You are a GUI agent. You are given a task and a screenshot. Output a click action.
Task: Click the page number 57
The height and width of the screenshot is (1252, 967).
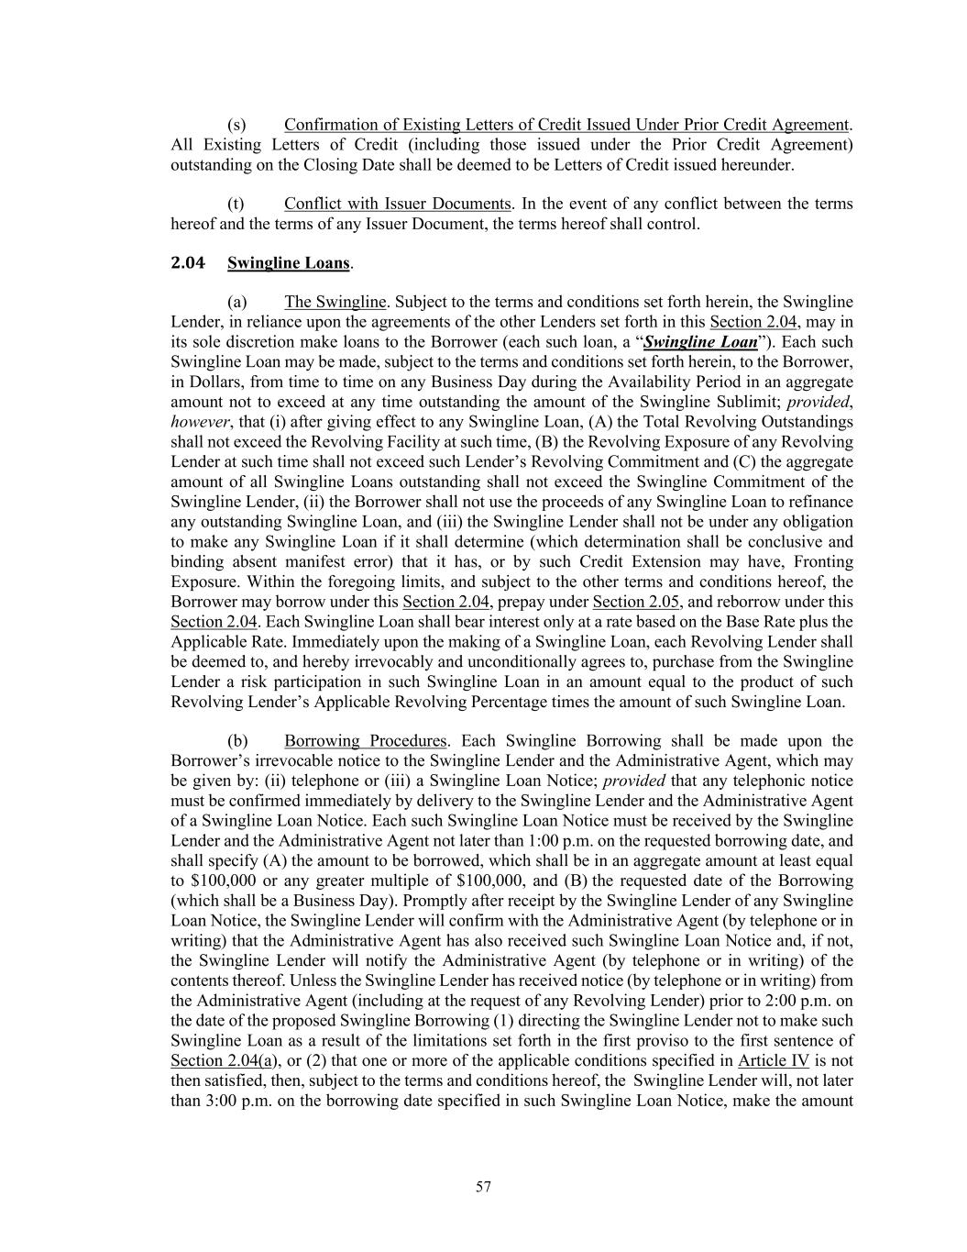coord(483,1187)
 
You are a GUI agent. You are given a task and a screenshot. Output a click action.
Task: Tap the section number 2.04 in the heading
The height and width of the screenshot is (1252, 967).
coord(188,262)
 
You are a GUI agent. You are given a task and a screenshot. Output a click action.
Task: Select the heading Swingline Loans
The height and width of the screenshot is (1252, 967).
coord(289,262)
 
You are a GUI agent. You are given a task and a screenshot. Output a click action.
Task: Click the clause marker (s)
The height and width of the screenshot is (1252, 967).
coord(236,125)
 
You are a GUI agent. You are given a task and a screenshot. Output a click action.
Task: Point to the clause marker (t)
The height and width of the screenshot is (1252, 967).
coord(236,204)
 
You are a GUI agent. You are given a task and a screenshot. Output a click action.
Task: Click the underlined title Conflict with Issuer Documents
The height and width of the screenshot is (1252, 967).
coord(397,204)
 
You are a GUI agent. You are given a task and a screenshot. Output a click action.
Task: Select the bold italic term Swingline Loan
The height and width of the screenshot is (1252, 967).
coord(700,342)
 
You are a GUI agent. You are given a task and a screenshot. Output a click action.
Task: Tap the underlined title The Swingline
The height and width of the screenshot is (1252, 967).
coord(335,302)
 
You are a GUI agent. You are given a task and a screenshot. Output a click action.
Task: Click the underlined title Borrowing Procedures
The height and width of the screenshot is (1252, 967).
coord(365,740)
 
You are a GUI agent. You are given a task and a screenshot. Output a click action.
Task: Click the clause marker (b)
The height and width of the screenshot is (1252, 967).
coord(236,740)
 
